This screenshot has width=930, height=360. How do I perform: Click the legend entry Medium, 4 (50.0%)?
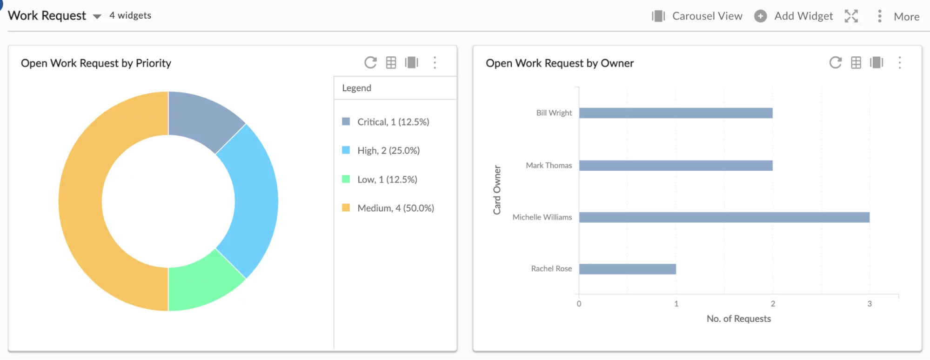pos(395,208)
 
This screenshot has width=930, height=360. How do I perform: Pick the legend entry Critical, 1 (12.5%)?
pos(393,122)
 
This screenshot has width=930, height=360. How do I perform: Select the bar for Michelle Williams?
pos(724,217)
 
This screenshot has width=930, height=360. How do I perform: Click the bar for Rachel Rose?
pos(627,269)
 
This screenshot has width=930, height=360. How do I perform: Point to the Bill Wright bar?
pos(676,113)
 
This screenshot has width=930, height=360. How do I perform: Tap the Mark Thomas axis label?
pos(549,165)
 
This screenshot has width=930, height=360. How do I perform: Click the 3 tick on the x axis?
pos(869,304)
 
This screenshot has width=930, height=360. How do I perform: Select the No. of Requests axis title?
pos(738,319)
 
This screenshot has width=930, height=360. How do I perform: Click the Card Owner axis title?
pos(497,190)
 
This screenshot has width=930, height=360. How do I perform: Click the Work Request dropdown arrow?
pos(97,16)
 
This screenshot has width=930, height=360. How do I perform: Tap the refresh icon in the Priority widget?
pos(370,62)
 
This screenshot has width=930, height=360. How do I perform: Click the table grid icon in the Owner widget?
pos(856,62)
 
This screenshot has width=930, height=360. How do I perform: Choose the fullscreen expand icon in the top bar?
pos(851,16)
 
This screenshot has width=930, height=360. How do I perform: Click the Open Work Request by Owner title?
pos(559,63)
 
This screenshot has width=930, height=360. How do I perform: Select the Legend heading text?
pos(356,88)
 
